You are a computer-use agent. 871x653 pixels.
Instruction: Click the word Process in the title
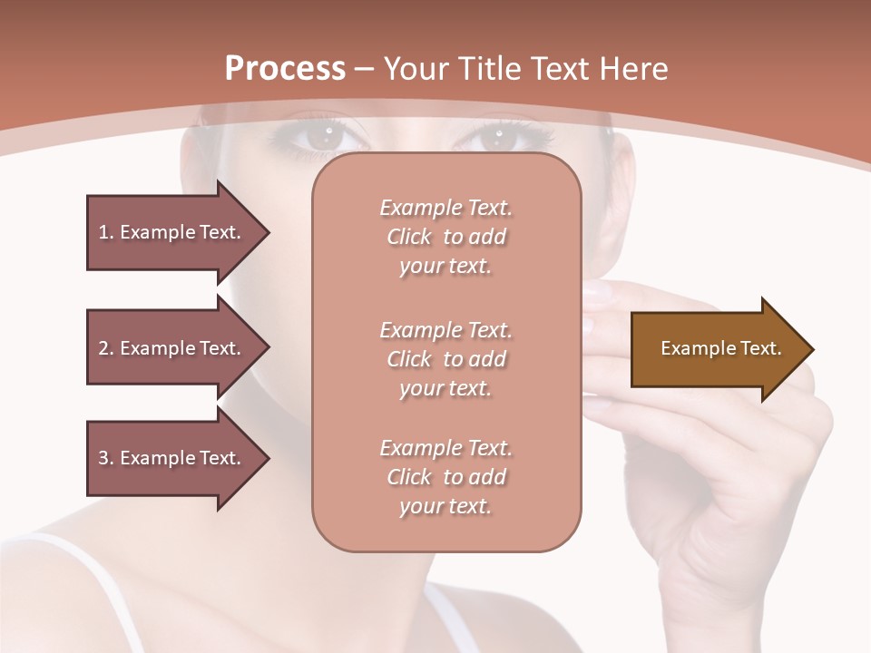click(285, 69)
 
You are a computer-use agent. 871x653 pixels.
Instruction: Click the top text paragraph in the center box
click(445, 237)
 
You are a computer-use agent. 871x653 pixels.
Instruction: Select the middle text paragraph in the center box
click(445, 359)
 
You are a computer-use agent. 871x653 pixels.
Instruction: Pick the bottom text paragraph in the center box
click(445, 477)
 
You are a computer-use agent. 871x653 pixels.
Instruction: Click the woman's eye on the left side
click(322, 138)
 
